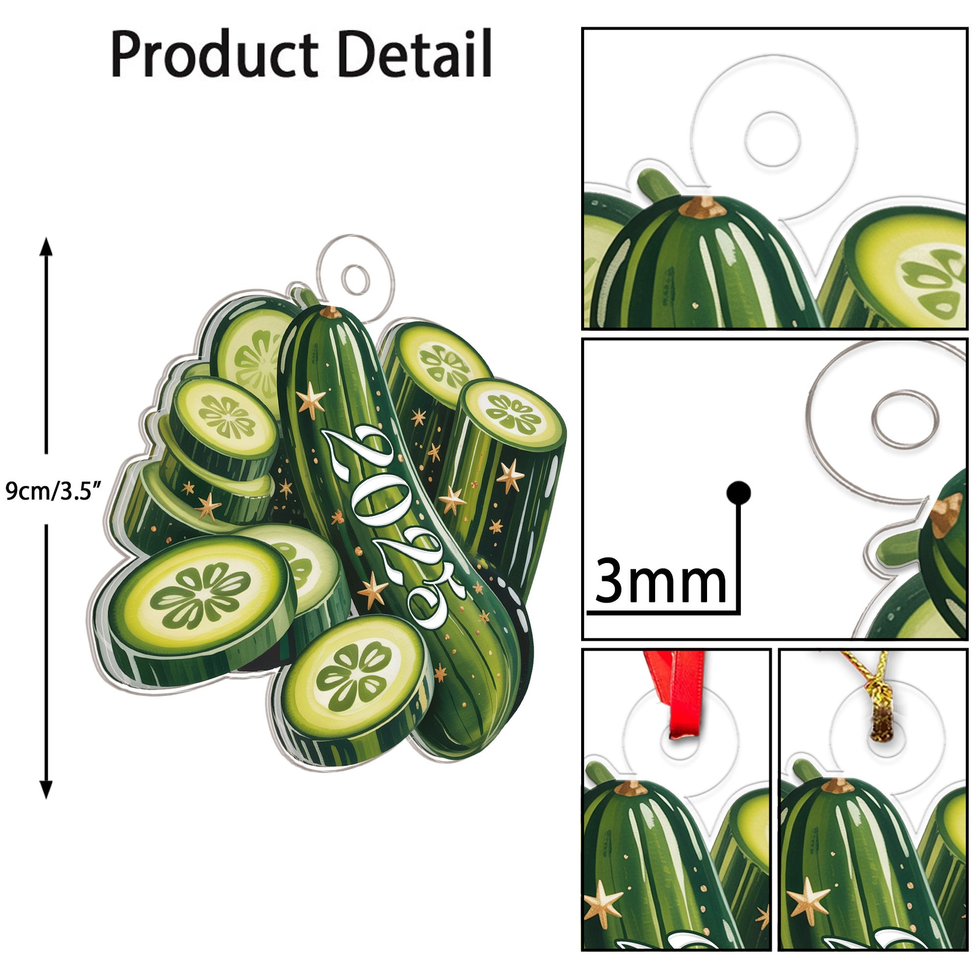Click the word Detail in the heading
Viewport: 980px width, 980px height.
coord(414,54)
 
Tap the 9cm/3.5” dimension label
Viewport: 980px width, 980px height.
coord(53,491)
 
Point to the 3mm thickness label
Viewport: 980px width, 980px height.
coord(660,581)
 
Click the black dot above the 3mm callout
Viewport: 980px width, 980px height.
coord(739,493)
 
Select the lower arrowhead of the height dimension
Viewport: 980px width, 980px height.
coord(46,789)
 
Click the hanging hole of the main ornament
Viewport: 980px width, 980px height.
coord(356,279)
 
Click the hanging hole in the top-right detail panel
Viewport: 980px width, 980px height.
coord(772,139)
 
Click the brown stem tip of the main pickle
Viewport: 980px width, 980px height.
coord(331,311)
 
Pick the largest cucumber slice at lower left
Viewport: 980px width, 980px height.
coord(199,595)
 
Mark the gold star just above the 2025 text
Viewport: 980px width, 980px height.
coord(310,401)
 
